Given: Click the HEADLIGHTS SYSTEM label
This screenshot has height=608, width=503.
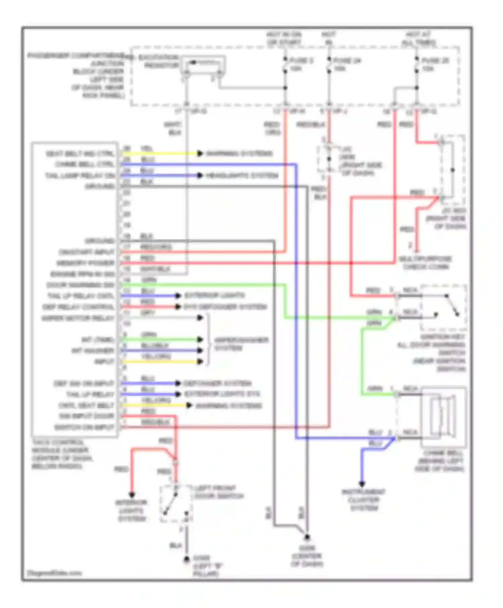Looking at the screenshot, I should tap(242, 176).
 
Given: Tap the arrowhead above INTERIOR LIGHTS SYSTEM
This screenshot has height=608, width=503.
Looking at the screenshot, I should tap(132, 495).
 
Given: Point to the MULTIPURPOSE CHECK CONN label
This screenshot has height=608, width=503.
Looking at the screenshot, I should tap(425, 263).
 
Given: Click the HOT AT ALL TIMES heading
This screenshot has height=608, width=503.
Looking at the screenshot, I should tap(418, 39).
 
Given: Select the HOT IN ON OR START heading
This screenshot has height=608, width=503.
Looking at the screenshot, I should tap(284, 39).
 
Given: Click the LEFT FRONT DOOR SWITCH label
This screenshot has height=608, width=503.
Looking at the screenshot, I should tap(219, 492).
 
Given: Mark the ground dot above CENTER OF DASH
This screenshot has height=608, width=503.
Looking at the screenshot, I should tap(307, 537).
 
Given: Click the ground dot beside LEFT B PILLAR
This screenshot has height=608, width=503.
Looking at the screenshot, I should tap(187, 559).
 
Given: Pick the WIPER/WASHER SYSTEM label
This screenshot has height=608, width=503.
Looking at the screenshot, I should tap(241, 344).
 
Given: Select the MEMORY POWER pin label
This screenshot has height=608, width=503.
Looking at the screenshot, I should tap(86, 263).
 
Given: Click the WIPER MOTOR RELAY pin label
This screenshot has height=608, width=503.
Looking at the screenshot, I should tap(78, 318).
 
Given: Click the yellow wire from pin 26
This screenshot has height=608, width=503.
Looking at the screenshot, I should tap(161, 154).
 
